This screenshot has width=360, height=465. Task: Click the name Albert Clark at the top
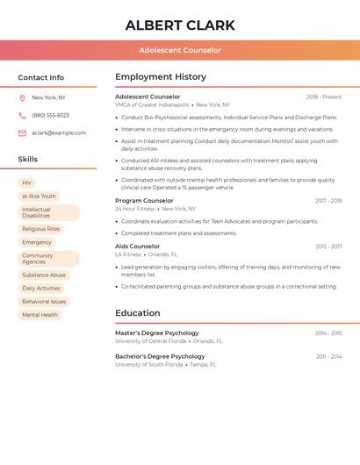click(180, 25)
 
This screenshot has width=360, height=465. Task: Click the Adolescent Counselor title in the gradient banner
click(180, 51)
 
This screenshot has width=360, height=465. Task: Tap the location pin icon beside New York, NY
click(22, 97)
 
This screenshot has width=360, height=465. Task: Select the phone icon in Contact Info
click(22, 115)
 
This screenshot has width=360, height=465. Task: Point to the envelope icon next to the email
click(22, 133)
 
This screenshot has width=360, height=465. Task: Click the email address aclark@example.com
click(59, 133)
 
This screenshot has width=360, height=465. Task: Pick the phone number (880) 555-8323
click(50, 115)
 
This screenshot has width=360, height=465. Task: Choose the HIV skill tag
click(26, 183)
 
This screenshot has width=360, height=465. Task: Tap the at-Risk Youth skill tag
click(39, 197)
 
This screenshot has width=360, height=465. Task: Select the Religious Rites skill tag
click(40, 229)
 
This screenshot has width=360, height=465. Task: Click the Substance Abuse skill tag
click(44, 275)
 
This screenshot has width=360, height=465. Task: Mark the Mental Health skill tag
click(40, 315)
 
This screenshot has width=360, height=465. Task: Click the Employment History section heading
click(161, 77)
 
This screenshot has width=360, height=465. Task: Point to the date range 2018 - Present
click(324, 97)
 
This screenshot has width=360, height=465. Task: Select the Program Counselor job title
click(144, 201)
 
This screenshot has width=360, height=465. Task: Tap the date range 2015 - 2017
click(328, 247)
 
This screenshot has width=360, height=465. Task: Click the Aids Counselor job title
click(138, 247)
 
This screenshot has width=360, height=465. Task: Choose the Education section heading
click(138, 313)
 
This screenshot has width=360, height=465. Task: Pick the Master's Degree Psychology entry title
click(157, 333)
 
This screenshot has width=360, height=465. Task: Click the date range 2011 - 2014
click(328, 357)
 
